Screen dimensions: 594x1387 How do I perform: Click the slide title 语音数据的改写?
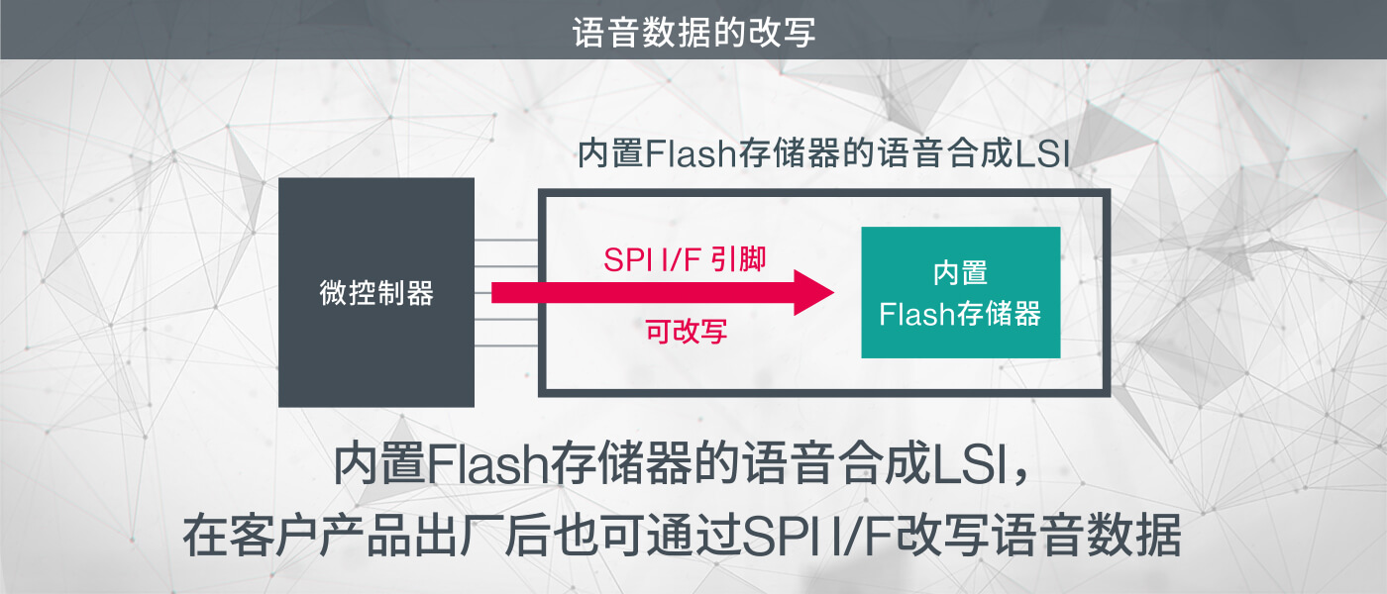point(693,31)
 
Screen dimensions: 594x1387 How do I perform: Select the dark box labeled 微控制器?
point(376,293)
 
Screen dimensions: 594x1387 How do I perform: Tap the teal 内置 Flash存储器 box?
point(960,293)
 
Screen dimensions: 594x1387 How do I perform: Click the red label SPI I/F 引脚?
point(685,259)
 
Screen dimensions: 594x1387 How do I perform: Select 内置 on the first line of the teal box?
point(960,272)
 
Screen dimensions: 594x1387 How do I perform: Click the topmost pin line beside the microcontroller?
point(506,241)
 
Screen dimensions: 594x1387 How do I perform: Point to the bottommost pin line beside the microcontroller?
point(506,346)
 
